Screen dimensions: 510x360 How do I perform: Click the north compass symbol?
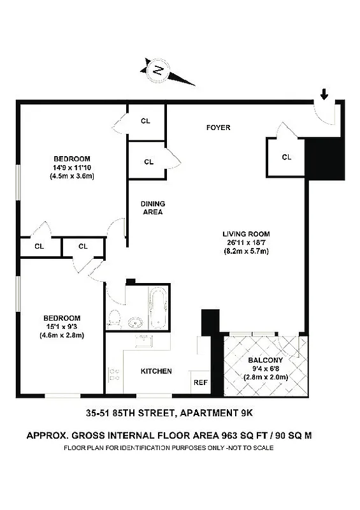(157, 71)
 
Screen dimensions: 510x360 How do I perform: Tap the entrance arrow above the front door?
(324, 96)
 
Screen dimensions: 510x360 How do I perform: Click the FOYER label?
(218, 127)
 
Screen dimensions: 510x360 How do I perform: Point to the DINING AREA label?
(153, 208)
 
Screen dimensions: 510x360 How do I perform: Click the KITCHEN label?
(156, 371)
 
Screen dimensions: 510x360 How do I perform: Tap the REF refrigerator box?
(200, 382)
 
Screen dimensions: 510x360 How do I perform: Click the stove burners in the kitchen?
(115, 375)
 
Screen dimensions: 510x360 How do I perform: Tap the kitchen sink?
(143, 341)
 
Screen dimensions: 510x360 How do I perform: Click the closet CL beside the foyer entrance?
(286, 157)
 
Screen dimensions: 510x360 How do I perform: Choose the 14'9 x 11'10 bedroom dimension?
(72, 168)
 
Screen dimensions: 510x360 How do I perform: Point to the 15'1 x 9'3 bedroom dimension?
(62, 326)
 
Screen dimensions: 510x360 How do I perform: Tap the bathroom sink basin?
(136, 321)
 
